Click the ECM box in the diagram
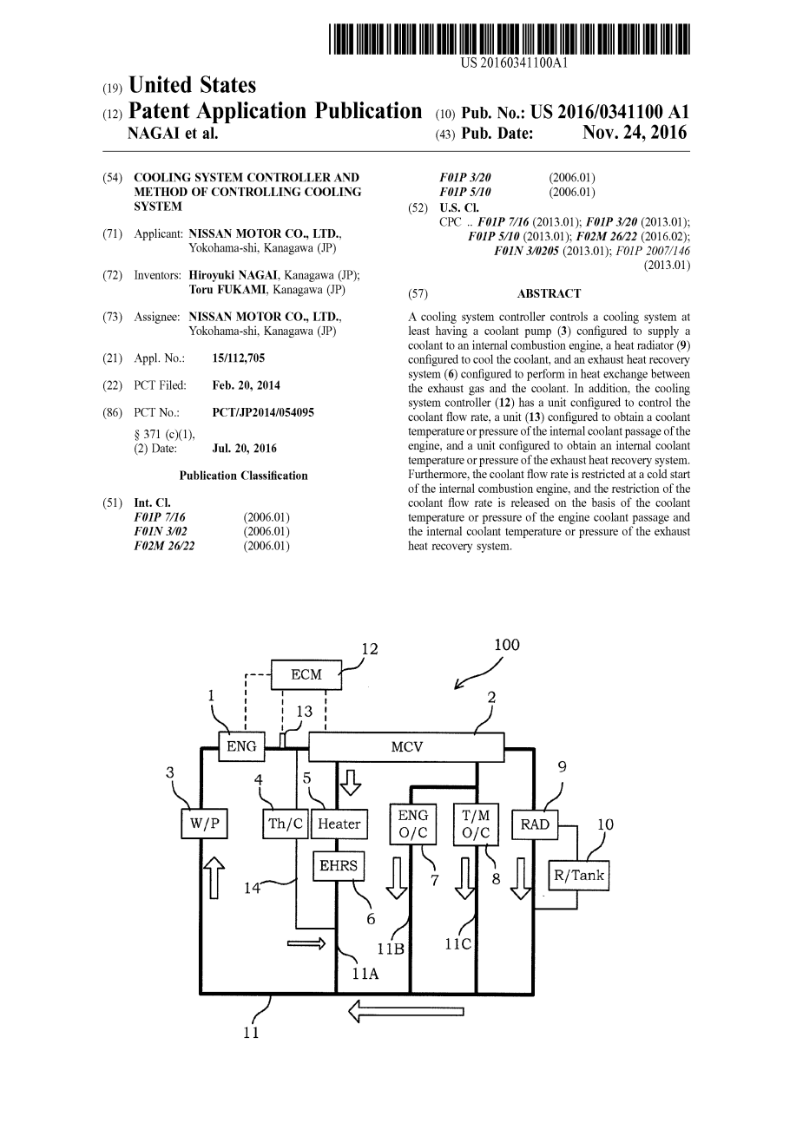coord(306,674)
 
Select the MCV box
coord(406,746)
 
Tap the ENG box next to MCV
coord(241,746)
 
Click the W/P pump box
coord(204,824)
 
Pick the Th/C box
coord(284,824)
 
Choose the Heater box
coord(339,824)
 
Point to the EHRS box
coord(338,865)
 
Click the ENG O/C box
coord(413,824)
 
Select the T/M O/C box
coord(476,824)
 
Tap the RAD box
coord(535,824)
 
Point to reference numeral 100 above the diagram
coord(506,645)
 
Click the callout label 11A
coord(365,974)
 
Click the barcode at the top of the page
coord(510,41)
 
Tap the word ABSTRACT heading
coord(549,293)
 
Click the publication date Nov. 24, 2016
coord(635,133)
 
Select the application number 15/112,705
coord(239,358)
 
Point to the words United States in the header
coord(192,85)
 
